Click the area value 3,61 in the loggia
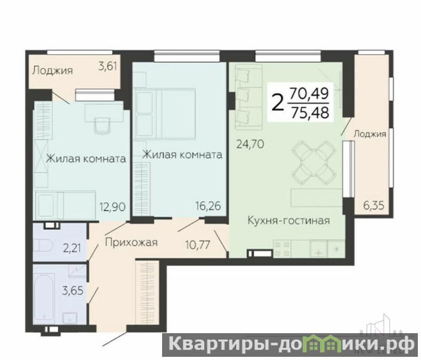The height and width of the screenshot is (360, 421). (x=108, y=66)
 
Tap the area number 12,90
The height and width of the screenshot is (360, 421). (x=113, y=207)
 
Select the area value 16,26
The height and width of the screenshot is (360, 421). (x=208, y=206)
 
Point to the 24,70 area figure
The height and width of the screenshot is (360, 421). (x=250, y=144)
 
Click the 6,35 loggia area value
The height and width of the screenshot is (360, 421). (x=374, y=206)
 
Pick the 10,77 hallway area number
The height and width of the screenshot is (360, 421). (x=198, y=245)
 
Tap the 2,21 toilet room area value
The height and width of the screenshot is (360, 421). (x=72, y=248)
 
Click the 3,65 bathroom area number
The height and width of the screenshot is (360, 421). (x=73, y=291)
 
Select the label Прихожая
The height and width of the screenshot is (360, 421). (x=131, y=243)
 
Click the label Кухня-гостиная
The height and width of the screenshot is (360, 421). (x=288, y=221)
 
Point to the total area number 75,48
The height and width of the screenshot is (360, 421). (x=310, y=113)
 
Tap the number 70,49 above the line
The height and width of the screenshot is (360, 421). (x=309, y=94)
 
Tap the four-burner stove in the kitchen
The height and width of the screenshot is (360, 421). (x=282, y=248)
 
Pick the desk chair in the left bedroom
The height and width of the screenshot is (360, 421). (x=102, y=125)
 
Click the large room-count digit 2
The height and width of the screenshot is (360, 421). (x=278, y=103)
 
